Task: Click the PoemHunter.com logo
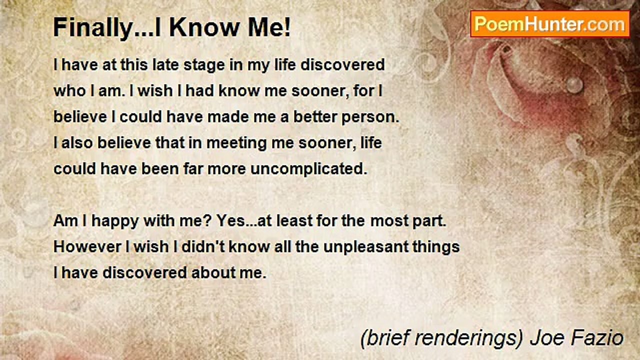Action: tap(549, 23)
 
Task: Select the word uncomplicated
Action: tap(308, 169)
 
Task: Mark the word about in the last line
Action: tap(222, 273)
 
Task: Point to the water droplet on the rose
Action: tap(575, 84)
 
